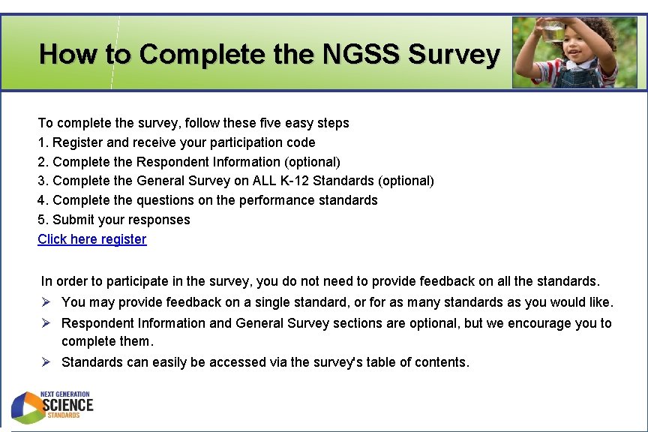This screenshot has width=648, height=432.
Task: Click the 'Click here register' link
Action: point(92,239)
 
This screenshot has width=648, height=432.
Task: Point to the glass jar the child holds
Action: point(553,31)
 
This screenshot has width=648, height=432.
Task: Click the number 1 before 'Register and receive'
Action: point(42,142)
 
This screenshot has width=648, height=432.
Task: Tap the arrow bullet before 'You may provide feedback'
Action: point(46,302)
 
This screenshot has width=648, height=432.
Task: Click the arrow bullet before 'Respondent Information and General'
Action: point(46,323)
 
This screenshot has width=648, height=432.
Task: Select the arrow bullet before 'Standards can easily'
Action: point(46,362)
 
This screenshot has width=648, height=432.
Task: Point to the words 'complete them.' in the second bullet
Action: point(107,341)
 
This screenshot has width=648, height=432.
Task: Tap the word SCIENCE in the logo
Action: point(67,406)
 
